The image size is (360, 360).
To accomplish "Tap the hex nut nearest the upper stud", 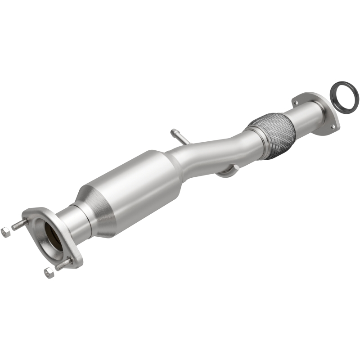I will click(6, 232).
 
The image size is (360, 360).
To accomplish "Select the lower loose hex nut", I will click(49, 273).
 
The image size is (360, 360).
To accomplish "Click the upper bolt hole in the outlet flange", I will click(296, 103).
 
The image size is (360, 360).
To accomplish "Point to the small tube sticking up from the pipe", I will click(179, 136).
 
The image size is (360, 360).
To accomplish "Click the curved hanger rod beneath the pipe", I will click(227, 171).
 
